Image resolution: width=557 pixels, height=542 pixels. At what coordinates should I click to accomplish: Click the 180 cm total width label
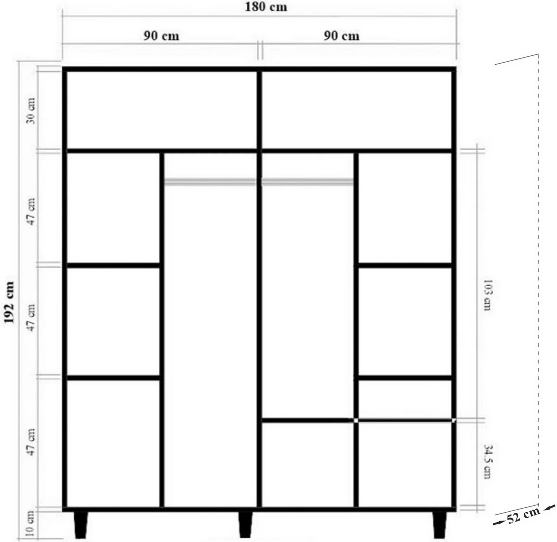click(x=266, y=7)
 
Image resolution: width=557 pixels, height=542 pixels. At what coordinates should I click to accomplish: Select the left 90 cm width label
click(x=161, y=35)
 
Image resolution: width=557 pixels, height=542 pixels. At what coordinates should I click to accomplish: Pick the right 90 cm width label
click(x=341, y=35)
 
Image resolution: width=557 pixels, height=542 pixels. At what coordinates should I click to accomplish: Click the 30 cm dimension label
click(x=31, y=111)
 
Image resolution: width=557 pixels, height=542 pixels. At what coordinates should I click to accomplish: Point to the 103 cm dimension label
click(x=487, y=295)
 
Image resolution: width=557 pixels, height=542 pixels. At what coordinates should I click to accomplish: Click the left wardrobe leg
click(x=80, y=524)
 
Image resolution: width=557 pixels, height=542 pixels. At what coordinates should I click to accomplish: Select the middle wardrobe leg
click(x=245, y=524)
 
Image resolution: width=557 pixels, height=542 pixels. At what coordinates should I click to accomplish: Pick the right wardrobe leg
click(x=439, y=524)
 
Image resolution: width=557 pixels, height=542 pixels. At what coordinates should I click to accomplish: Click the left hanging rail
click(x=210, y=182)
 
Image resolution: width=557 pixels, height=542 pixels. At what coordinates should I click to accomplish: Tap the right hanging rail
click(x=307, y=182)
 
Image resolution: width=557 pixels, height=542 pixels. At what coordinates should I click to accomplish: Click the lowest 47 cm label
click(x=31, y=442)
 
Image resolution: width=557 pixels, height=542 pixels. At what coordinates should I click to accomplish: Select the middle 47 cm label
click(x=31, y=318)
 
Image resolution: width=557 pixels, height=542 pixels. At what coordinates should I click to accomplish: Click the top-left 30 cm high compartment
click(x=162, y=110)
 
